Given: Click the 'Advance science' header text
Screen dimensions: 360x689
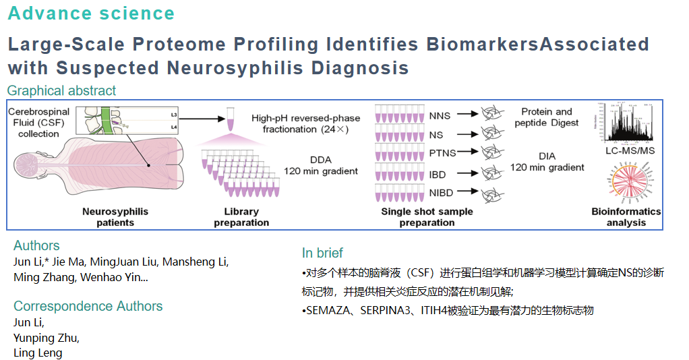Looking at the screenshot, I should (x=91, y=13).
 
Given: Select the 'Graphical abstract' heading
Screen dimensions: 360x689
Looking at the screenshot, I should (x=61, y=90).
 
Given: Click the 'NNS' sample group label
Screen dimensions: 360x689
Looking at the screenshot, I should (x=440, y=115).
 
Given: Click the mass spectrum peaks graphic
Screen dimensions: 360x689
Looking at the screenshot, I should (x=626, y=125).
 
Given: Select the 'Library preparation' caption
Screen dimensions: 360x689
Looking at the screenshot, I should (x=241, y=217).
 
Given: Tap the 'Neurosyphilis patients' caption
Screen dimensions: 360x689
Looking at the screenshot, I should (x=115, y=217).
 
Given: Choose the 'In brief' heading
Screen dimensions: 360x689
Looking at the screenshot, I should (x=322, y=253).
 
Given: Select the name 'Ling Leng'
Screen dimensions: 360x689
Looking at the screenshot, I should (x=38, y=353).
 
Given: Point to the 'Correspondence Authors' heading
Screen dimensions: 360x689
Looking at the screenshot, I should (x=88, y=306).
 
